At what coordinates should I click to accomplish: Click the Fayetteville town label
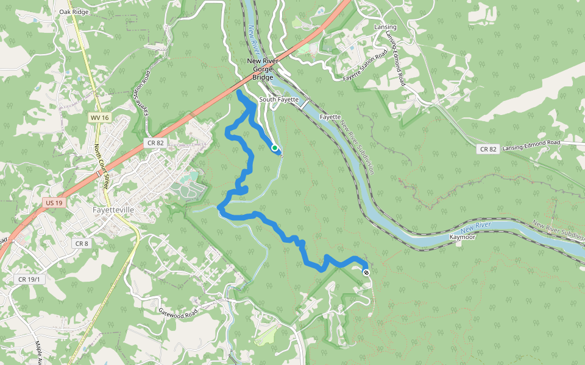[113, 209]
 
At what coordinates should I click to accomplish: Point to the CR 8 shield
[82, 243]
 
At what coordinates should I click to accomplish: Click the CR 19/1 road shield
[27, 279]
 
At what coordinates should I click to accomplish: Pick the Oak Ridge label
[73, 12]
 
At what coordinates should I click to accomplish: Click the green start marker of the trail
[275, 148]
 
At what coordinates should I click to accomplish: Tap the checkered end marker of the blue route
[366, 273]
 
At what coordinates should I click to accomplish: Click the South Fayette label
[278, 99]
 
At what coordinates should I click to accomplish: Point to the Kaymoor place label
[462, 236]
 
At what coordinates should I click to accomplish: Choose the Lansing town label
[385, 27]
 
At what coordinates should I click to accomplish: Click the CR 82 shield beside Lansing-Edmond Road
[489, 149]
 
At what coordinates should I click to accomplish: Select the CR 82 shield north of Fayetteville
[155, 142]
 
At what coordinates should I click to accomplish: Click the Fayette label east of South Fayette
[330, 116]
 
